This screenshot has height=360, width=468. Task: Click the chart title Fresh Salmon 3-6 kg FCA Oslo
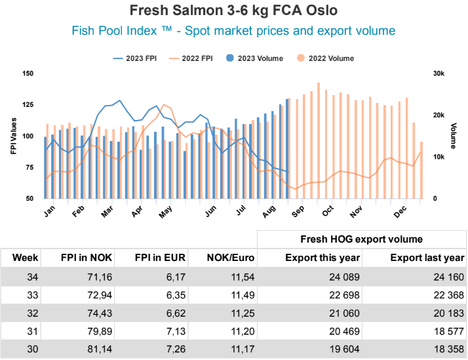(x=233, y=12)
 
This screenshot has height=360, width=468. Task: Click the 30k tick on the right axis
(x=439, y=73)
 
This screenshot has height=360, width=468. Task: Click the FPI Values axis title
(x=13, y=136)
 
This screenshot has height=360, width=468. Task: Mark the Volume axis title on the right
(x=454, y=136)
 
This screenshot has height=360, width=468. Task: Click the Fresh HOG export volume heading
(x=361, y=239)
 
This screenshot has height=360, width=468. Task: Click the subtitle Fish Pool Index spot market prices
(x=233, y=31)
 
